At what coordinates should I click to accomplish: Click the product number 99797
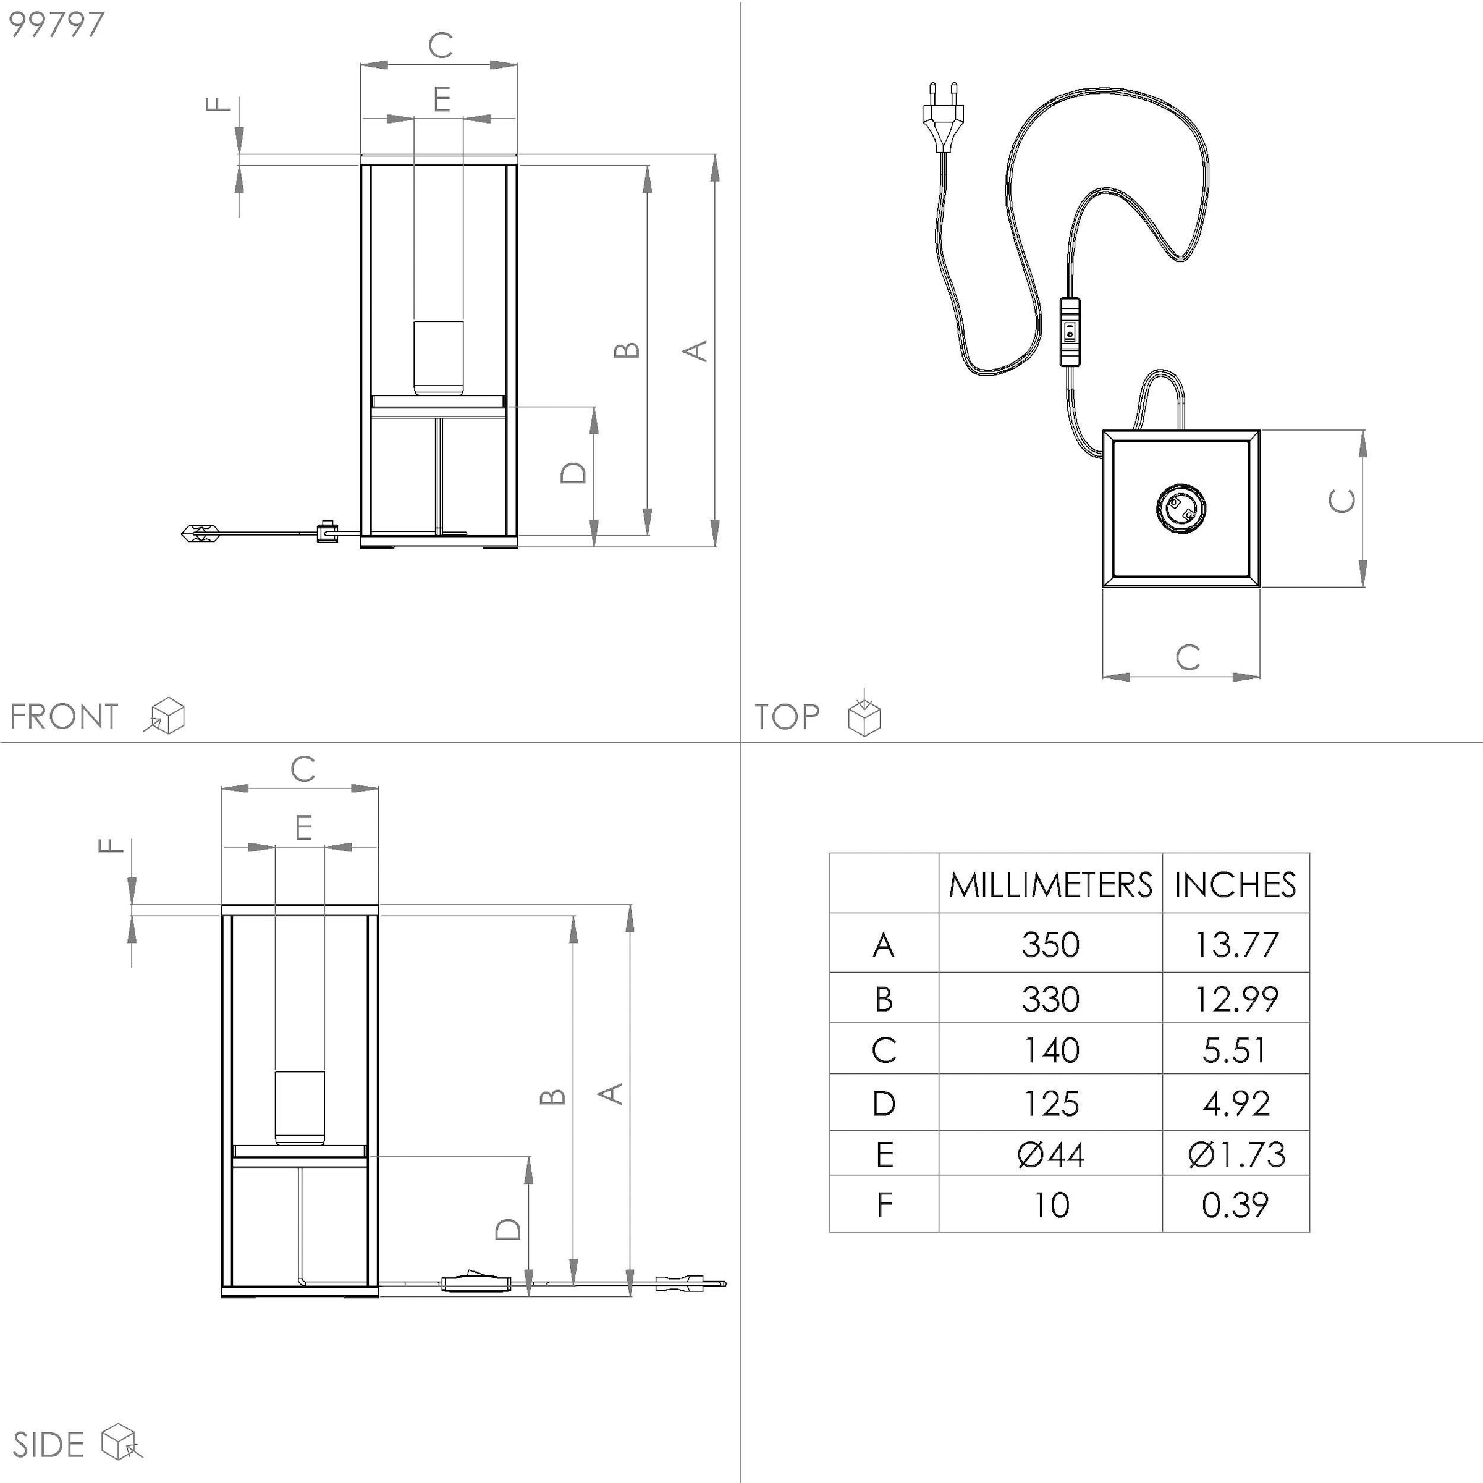(56, 25)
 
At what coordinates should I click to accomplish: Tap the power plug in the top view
(942, 115)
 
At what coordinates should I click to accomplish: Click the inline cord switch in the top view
(1069, 332)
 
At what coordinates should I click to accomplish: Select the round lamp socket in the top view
(1181, 507)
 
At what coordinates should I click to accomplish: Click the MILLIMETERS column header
(1049, 884)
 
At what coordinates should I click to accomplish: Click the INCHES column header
(1235, 884)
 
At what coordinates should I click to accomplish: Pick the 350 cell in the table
(1049, 944)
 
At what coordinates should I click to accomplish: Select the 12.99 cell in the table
(1235, 999)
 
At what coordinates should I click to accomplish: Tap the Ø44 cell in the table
(1049, 1154)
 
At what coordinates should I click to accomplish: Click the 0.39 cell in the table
(1235, 1204)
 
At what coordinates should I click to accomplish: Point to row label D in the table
(884, 1104)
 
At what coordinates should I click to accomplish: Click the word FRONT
(64, 716)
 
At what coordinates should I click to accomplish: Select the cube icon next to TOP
(864, 715)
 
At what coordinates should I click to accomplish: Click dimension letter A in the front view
(695, 352)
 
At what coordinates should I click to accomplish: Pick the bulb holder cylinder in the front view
(438, 358)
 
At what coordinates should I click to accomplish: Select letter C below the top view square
(1188, 657)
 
